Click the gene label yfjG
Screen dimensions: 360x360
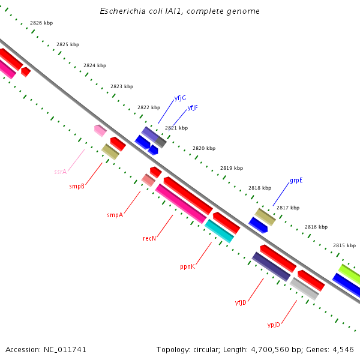[x=180, y=98]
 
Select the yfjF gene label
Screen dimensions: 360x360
[x=193, y=108]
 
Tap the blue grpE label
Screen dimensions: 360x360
[x=296, y=180]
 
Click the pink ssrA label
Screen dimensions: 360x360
[x=60, y=172]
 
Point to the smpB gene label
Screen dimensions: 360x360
[x=77, y=186]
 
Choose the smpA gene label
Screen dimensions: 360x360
[x=115, y=215]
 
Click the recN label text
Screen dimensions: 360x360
[x=149, y=239]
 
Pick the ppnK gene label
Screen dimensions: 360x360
[x=187, y=266]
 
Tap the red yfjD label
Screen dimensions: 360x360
[x=241, y=302]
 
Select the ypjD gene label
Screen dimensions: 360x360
[x=274, y=325]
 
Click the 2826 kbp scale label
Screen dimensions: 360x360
[x=41, y=23]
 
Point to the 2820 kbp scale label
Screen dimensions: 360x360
[x=204, y=148]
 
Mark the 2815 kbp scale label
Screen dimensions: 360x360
[x=344, y=245]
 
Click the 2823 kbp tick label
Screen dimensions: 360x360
[x=122, y=87]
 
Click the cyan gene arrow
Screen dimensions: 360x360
[x=220, y=231]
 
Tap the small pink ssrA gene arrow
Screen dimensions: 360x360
[x=100, y=130]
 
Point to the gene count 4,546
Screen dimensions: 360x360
[x=341, y=349]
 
